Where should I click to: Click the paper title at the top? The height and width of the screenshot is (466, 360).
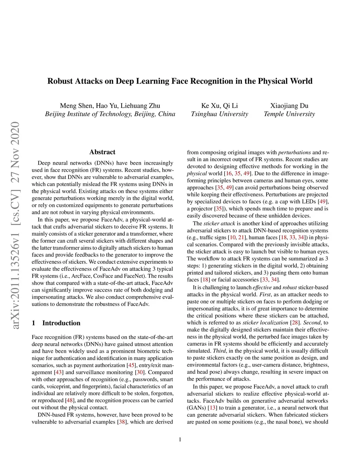pos(180,81)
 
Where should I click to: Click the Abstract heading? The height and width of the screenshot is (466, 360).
pos(102,152)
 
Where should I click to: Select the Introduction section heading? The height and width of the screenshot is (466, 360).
pos(61,323)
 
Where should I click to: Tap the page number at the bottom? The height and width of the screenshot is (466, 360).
pos(180,439)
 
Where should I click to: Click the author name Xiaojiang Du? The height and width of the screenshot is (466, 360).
pos(289,106)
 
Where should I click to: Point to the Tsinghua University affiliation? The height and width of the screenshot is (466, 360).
pos(219,114)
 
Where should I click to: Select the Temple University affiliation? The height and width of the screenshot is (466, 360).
pos(289,114)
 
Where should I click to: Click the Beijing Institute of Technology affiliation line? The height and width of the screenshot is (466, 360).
pos(110,114)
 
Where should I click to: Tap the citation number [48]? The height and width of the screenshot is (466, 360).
pos(70,400)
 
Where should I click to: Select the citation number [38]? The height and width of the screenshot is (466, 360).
pos(122,421)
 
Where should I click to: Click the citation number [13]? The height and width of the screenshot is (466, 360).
pos(212,408)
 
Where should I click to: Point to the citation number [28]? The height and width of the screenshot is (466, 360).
pos(295,323)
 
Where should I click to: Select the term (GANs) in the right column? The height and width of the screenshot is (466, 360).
pos(197,408)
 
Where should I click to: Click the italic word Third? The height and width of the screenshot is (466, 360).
pos(219,351)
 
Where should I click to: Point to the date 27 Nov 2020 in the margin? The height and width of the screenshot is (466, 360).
pos(15,152)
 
